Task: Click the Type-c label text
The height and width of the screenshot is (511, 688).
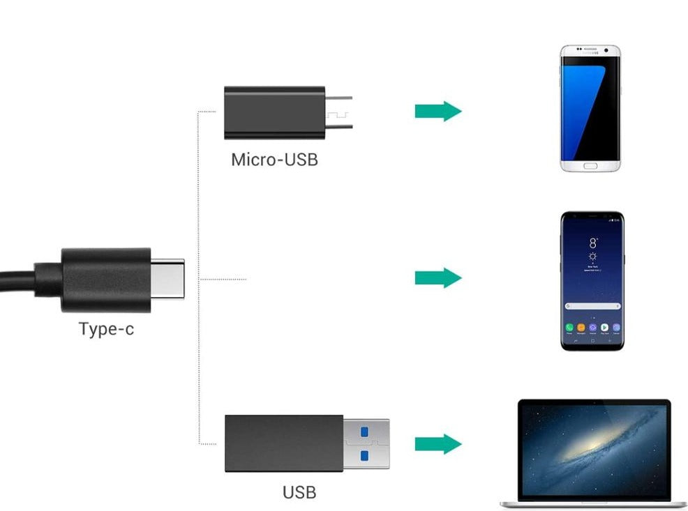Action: point(106,328)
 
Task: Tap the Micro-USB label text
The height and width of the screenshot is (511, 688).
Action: point(274,160)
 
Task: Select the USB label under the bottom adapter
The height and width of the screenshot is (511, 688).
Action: point(299,492)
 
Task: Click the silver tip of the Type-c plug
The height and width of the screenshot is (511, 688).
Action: point(167,279)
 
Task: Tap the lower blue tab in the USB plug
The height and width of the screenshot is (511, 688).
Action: point(363,455)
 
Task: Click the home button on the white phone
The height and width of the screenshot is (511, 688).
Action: point(590,167)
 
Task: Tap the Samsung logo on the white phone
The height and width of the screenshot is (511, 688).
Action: point(590,50)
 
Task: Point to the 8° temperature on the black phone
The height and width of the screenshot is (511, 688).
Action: point(593,243)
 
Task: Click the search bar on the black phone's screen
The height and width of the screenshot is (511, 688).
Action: point(592,306)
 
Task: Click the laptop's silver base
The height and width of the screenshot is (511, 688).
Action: point(593,503)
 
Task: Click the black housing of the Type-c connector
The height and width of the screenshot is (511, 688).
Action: point(105,279)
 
